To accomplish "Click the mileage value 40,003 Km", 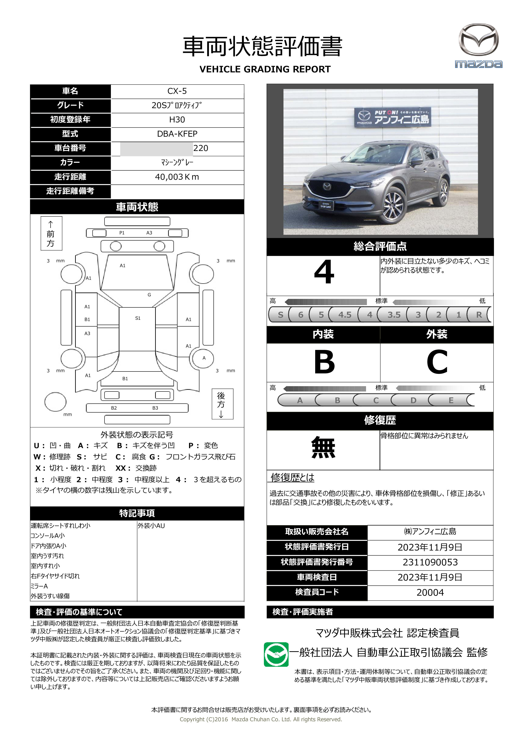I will coord(177,177).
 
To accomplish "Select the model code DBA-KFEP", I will coord(177,134).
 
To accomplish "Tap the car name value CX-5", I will coord(177,91).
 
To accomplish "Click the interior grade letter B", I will coord(324,362).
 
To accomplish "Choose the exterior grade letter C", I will coord(437,362).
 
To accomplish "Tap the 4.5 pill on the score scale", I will coord(345,315).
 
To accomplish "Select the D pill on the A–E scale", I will coord(413,400).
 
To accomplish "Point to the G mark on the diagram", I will coord(149,295).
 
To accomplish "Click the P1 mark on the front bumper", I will coord(122,233).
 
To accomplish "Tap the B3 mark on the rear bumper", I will coord(155,408).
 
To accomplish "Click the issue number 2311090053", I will coord(430,562).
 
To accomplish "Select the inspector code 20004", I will coord(430,592).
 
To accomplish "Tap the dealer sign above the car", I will coord(393,117).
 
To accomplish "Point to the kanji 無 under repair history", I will coord(323,448).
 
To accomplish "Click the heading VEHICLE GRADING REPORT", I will coord(265,69).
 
